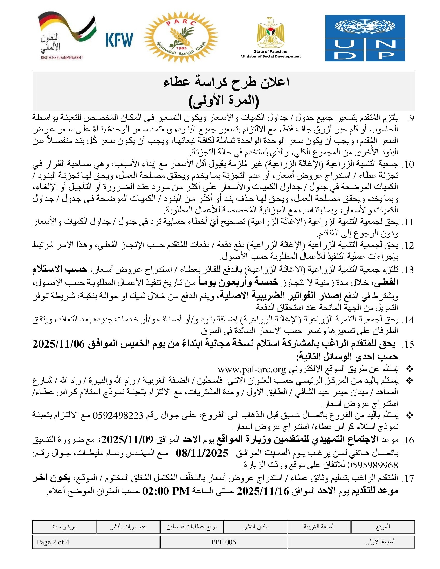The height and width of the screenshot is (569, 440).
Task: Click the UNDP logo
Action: click(x=365, y=38)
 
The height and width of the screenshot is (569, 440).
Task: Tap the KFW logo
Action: click(x=119, y=40)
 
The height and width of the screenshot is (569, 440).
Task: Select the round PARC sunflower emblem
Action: click(x=181, y=38)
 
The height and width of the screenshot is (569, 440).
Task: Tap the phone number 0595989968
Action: click(x=372, y=465)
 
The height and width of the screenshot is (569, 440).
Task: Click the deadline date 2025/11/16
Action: click(x=263, y=491)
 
